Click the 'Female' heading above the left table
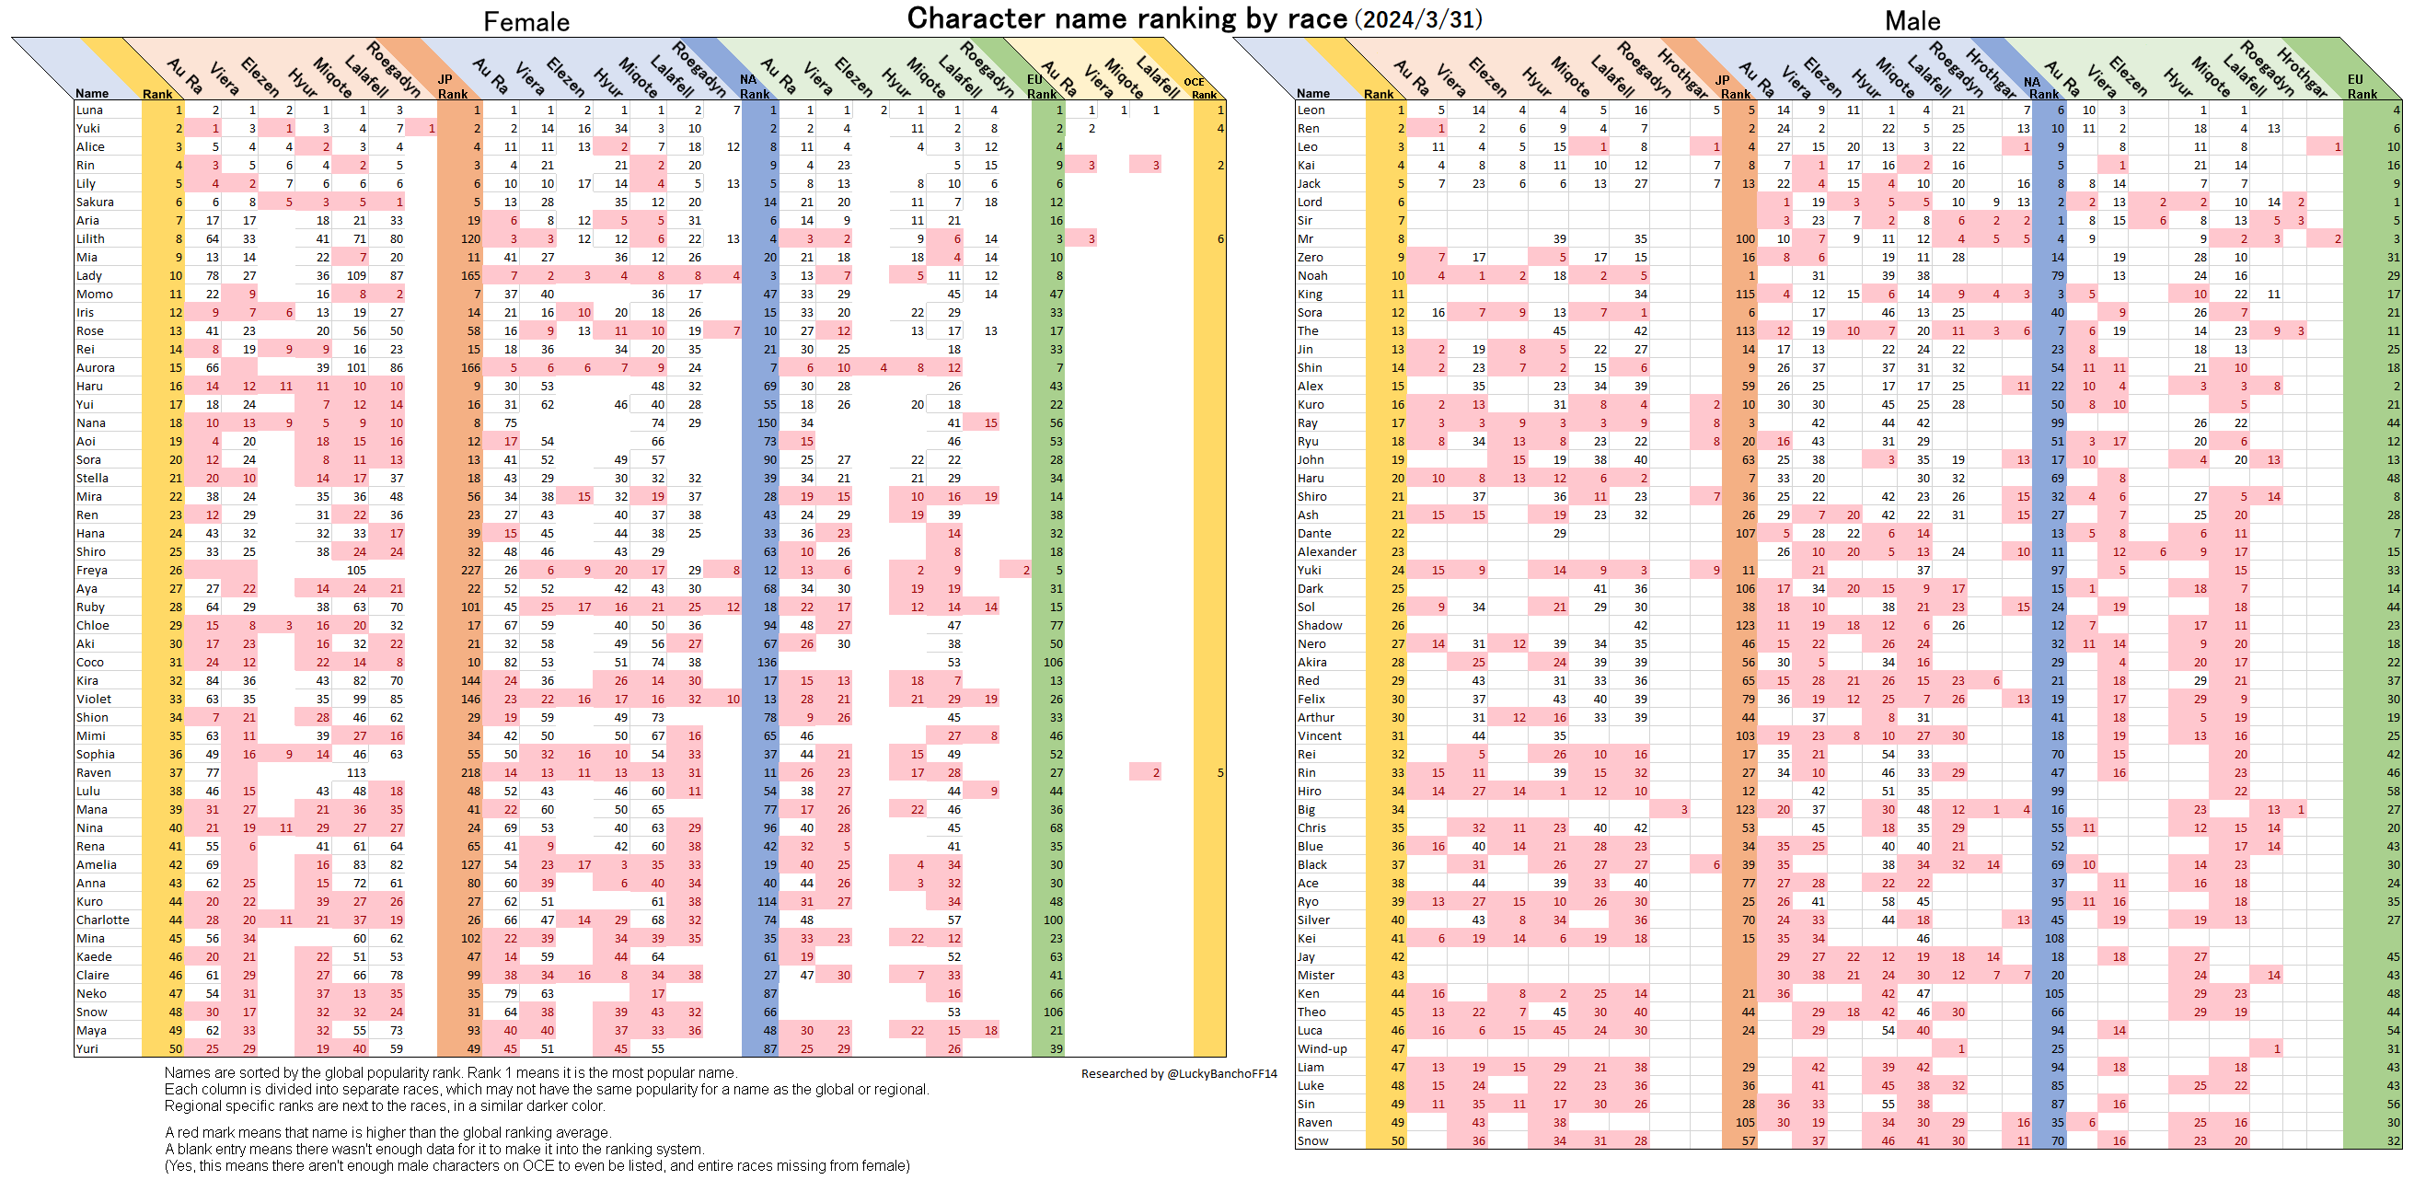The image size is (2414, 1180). click(526, 21)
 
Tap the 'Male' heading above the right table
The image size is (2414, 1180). click(1912, 20)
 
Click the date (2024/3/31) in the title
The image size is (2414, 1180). click(1418, 19)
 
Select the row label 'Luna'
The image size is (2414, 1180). click(90, 110)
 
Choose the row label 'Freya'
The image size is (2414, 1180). click(92, 571)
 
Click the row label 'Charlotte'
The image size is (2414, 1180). click(103, 920)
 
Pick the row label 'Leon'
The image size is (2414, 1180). click(1311, 110)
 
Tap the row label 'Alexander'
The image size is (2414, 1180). click(1327, 552)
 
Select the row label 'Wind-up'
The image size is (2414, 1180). click(1323, 1048)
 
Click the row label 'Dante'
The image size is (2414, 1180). click(1314, 533)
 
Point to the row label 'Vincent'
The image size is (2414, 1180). click(1320, 735)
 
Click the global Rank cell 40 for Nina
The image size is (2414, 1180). click(175, 828)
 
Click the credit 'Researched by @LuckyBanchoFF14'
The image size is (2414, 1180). click(1178, 1074)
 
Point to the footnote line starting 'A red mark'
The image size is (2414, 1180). click(387, 1132)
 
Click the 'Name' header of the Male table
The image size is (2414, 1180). click(1313, 94)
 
